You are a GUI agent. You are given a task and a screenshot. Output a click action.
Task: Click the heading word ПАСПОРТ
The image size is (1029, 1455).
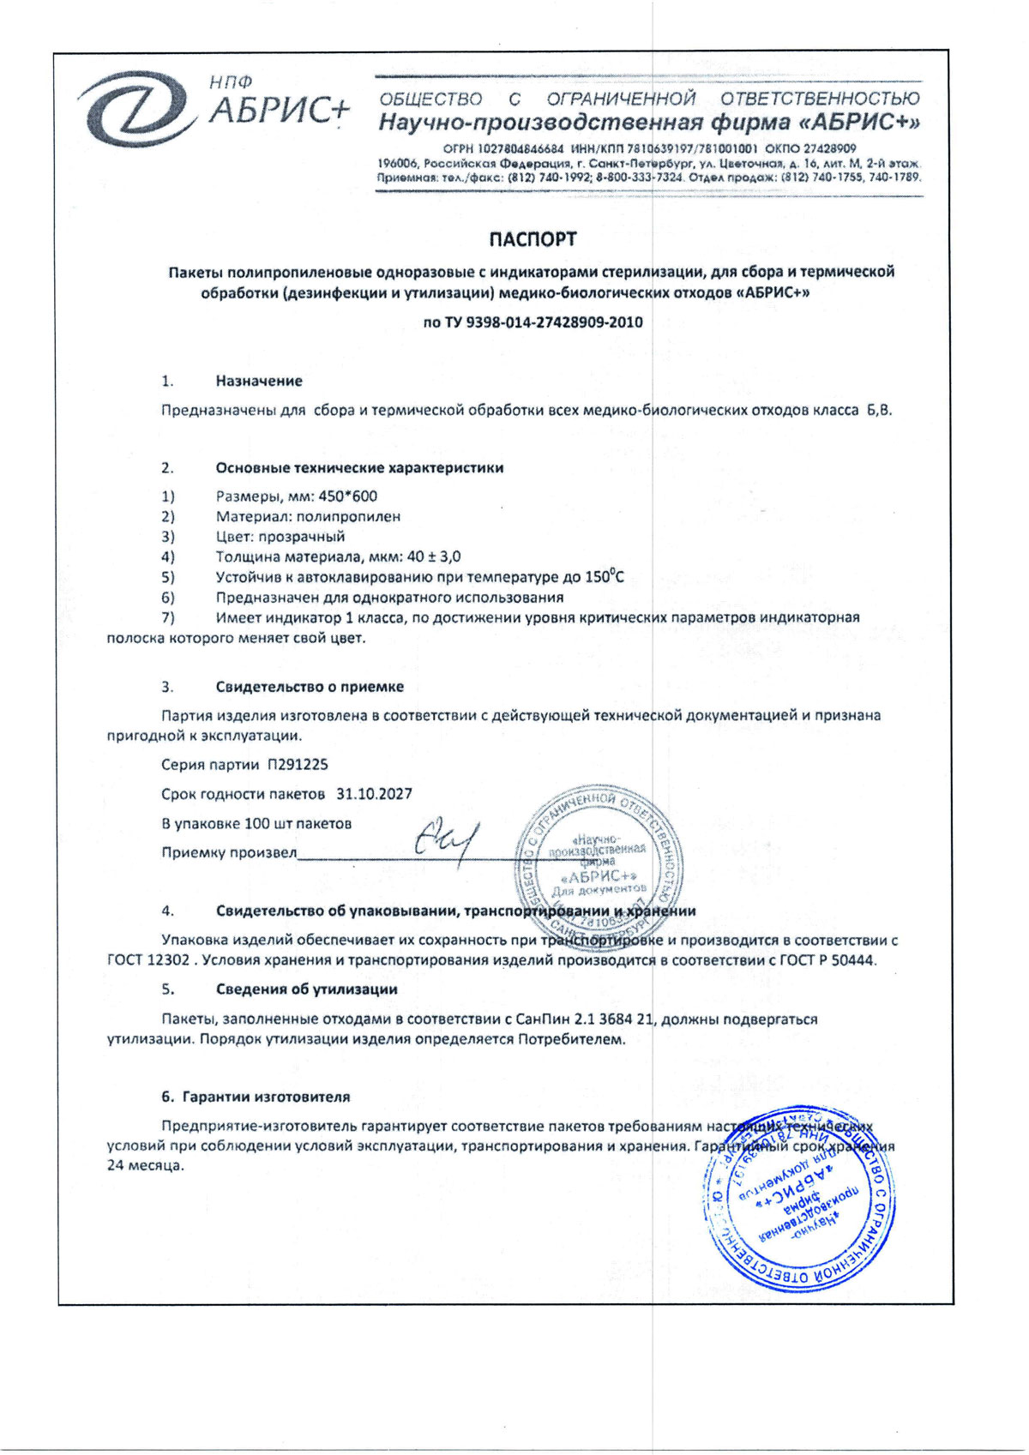pos(533,239)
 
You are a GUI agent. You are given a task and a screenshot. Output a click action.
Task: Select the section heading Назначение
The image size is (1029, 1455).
pos(259,381)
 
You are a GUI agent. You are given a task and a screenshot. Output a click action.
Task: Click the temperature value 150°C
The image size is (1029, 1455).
pos(605,577)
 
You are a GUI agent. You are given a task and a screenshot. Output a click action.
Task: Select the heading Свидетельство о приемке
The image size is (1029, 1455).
pos(310,687)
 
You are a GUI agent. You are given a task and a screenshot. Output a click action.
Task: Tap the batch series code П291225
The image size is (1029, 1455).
pos(298,764)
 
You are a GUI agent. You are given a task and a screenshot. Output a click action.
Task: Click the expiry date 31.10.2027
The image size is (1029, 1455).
pos(374,794)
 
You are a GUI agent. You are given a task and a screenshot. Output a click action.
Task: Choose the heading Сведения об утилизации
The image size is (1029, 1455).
pos(306,989)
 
